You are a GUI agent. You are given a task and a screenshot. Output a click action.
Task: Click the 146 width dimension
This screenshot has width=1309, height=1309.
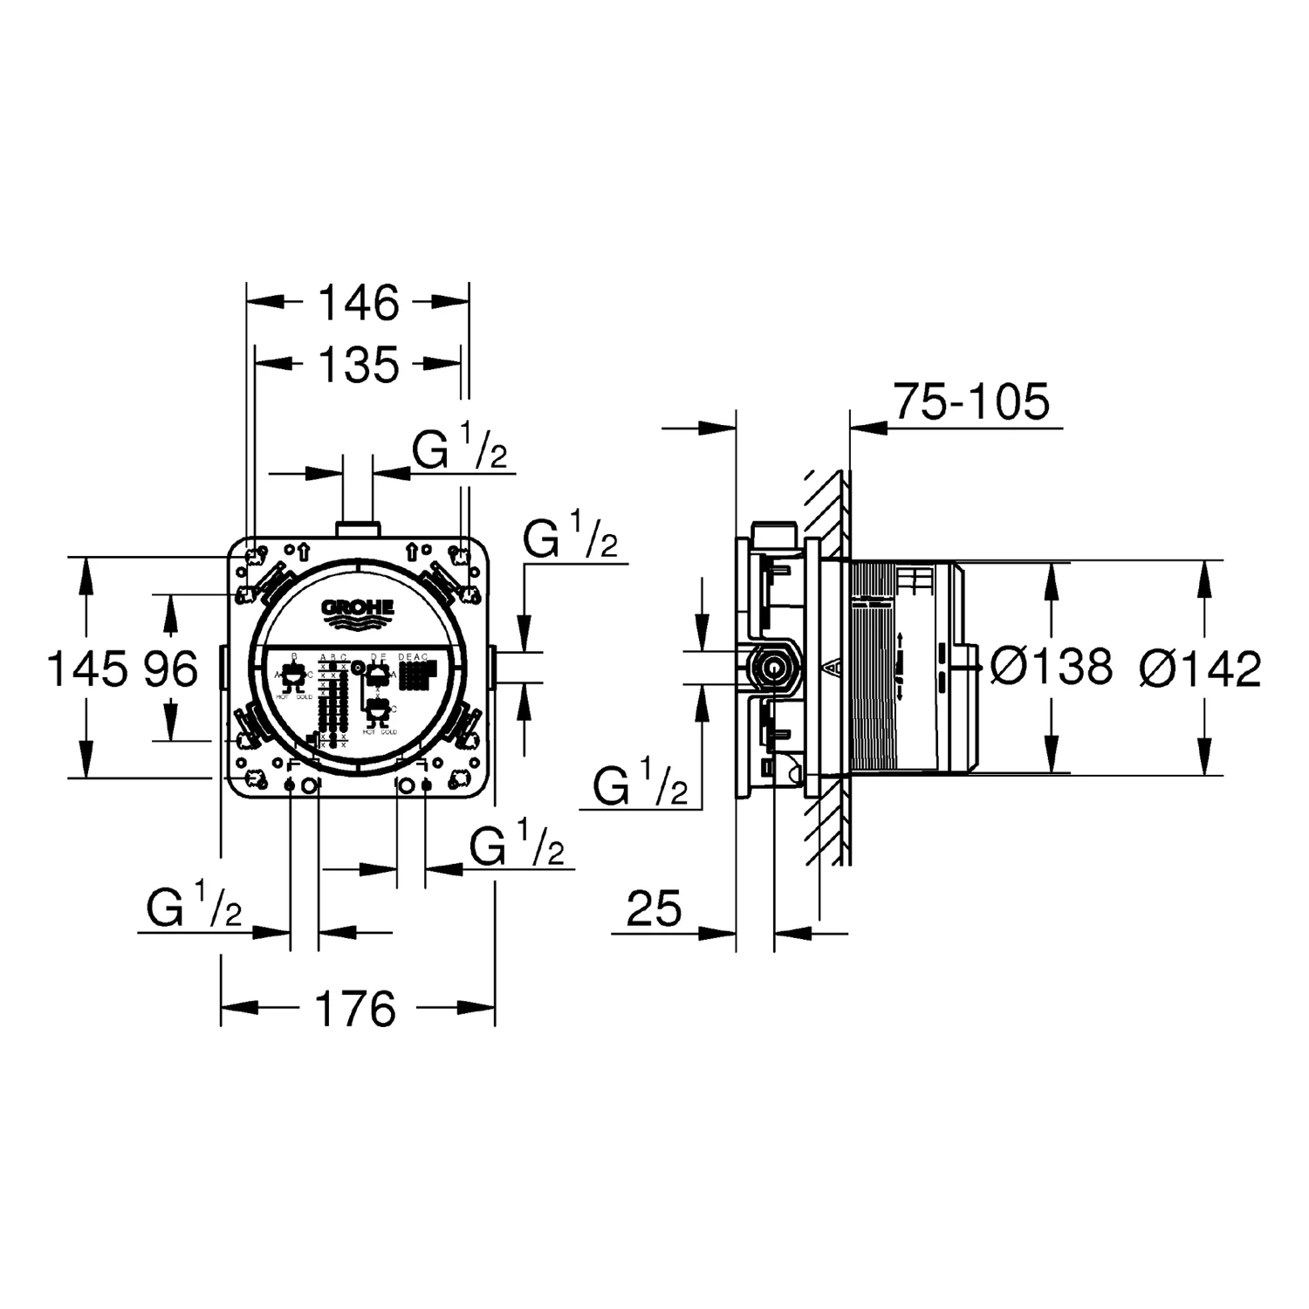358,303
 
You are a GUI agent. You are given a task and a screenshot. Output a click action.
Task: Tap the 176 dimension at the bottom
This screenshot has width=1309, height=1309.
355,1009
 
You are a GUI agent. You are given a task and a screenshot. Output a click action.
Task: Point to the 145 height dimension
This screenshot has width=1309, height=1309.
85,669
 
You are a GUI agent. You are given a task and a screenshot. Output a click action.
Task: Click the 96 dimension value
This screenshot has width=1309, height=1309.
171,669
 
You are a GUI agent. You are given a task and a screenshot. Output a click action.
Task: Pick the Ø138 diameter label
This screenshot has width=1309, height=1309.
1052,668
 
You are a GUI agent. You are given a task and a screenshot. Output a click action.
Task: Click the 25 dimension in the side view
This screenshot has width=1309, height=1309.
654,909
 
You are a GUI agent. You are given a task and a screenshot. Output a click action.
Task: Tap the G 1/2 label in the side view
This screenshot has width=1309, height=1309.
640,783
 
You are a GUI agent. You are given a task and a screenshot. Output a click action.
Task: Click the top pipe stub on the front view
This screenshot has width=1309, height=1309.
357,528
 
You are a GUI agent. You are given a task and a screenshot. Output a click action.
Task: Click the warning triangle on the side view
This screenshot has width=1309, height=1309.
834,668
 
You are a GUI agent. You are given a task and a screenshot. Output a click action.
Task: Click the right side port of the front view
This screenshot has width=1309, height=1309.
493,667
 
